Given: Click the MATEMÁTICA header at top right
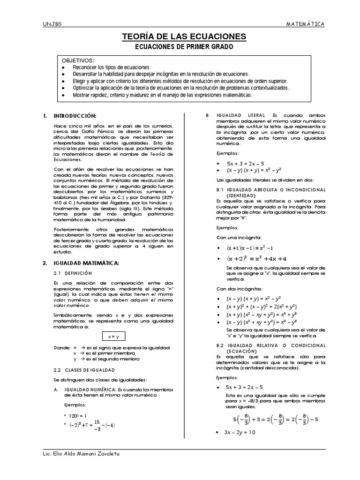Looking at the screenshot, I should pos(305,24).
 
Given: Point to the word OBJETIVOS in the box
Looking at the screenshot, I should pos(78,61).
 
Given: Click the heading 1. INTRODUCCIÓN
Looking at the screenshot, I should pos(70,116).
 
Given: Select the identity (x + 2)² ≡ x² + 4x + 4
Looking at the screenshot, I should pos(256,258).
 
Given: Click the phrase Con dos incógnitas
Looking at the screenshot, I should pos(240,288).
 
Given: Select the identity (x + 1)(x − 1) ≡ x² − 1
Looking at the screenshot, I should pos(250,248).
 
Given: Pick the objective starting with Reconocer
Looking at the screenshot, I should pos(112,68).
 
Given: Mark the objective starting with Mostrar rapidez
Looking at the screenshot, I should pos(162,94).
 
